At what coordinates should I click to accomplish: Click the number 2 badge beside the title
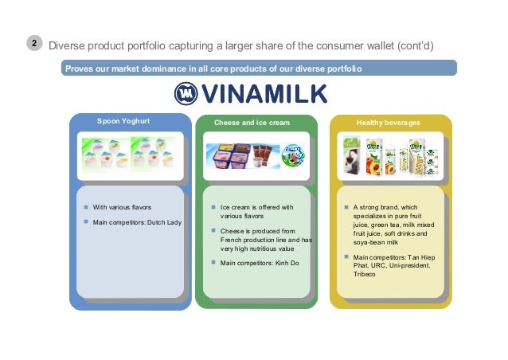(33, 45)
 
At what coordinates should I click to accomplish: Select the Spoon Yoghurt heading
(123, 122)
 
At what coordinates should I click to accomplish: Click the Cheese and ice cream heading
(252, 123)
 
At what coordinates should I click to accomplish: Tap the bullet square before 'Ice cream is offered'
(213, 207)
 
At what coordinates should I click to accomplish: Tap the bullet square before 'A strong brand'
(346, 207)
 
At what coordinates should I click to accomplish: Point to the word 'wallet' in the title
(385, 45)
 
